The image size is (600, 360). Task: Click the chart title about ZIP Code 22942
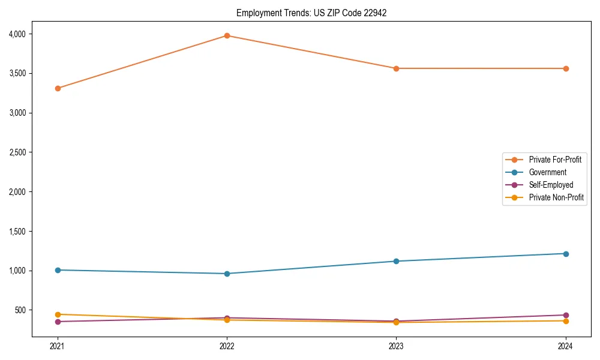tap(311, 13)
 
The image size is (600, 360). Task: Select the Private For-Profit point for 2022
tap(227, 35)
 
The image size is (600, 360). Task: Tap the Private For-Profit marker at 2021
tap(58, 88)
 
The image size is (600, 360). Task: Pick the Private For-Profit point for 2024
tap(566, 68)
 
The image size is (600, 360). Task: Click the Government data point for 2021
tap(58, 270)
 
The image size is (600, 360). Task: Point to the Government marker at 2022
tap(227, 274)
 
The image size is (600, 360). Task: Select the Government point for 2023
tap(396, 261)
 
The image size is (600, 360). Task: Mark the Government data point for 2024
tap(566, 254)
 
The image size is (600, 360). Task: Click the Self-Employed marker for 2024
tap(566, 315)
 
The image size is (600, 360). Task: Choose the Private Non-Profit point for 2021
tap(58, 314)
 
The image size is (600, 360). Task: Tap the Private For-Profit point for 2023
tap(396, 68)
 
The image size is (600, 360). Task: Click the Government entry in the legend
tap(547, 172)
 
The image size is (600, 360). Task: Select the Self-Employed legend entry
tap(551, 185)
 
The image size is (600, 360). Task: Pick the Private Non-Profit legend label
tap(556, 197)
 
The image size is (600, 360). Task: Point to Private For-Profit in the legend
tap(555, 160)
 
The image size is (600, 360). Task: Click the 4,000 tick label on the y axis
tap(17, 34)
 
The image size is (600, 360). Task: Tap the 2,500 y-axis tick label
tap(17, 152)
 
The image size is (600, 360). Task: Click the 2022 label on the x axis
tap(227, 346)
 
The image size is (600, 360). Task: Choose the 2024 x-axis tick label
tap(566, 346)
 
